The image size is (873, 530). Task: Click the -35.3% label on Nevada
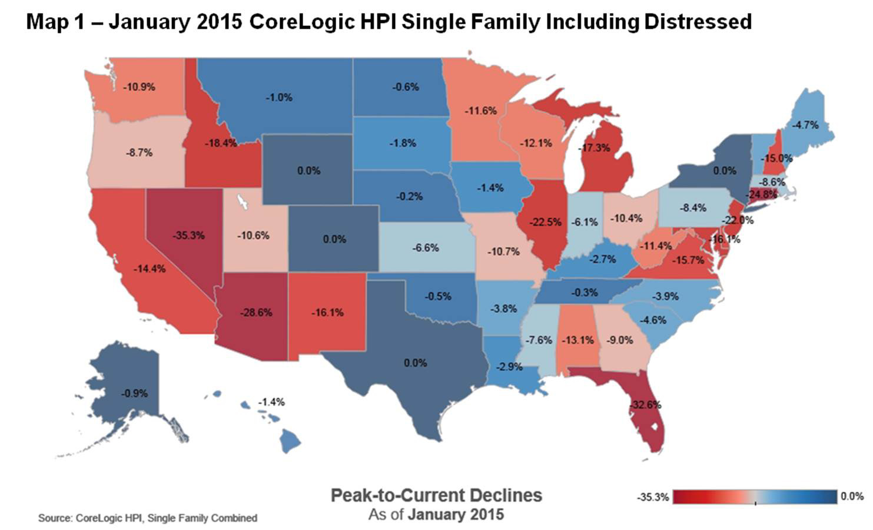[188, 236]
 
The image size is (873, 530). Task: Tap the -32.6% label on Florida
[645, 405]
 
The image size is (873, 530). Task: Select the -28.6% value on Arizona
[256, 313]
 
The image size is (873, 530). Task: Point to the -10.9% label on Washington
[139, 87]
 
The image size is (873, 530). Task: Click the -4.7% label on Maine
[805, 125]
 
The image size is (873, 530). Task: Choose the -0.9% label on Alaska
[134, 393]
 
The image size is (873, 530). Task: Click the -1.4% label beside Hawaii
[271, 402]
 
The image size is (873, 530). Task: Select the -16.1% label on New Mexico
[327, 313]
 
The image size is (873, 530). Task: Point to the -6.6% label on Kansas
[425, 248]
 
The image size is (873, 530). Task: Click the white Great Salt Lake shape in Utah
[241, 202]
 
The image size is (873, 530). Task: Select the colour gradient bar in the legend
[755, 497]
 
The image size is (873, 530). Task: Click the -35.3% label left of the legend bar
[653, 498]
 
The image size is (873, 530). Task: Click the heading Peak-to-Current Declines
[436, 495]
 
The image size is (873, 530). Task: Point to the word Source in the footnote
[54, 518]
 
